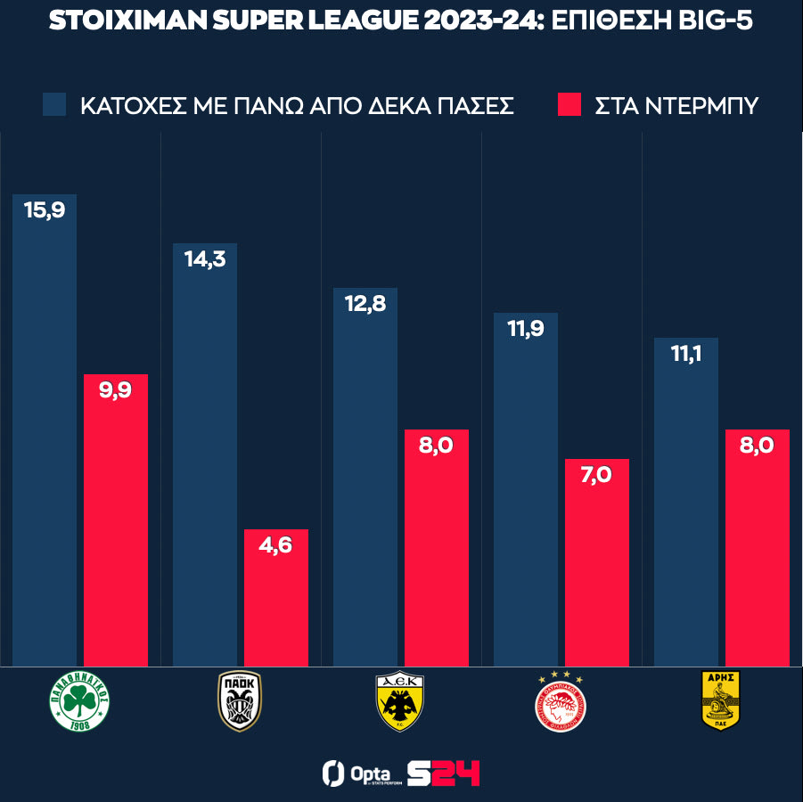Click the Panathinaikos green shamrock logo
79,704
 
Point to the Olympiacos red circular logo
561,702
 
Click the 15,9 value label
45,213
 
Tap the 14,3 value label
205,262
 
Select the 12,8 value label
365,307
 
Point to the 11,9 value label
526,331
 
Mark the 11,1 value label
686,356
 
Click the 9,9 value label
116,393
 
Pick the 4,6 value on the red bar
276,548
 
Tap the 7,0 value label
597,478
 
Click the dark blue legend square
54,104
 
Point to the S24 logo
443,773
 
